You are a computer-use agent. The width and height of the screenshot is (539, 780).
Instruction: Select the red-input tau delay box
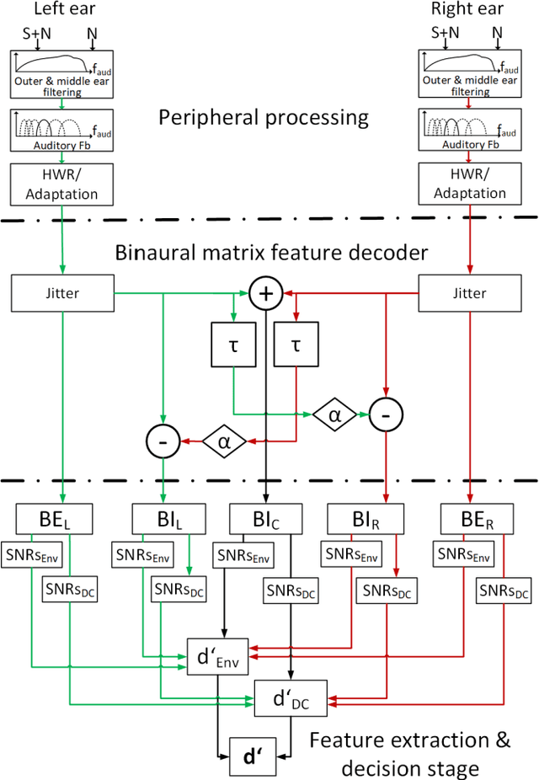click(295, 347)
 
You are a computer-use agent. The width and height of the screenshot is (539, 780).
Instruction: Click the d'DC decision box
click(290, 696)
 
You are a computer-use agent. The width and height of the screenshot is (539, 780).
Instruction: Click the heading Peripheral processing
click(264, 116)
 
